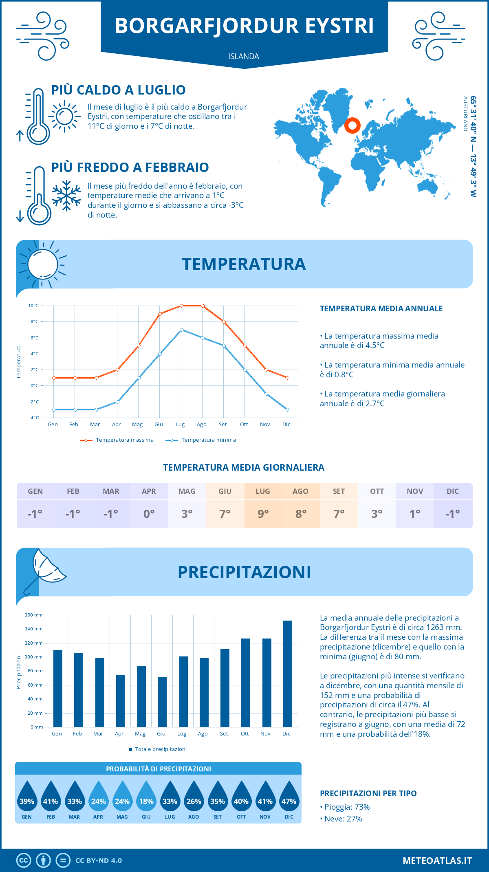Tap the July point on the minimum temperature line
(x=181, y=330)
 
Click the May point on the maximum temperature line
(x=139, y=346)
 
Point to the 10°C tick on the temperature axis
(x=34, y=306)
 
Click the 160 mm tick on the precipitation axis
(x=34, y=615)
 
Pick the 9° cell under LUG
(x=263, y=514)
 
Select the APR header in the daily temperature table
(x=149, y=491)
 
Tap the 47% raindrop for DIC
(x=289, y=797)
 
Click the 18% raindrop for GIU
(x=146, y=797)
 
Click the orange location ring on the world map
(x=352, y=126)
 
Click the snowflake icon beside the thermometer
(x=66, y=196)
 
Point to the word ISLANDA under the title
(x=244, y=56)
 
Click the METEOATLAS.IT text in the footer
(x=437, y=861)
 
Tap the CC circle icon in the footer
(x=24, y=861)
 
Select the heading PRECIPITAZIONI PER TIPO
(x=368, y=793)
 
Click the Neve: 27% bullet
(x=341, y=819)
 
